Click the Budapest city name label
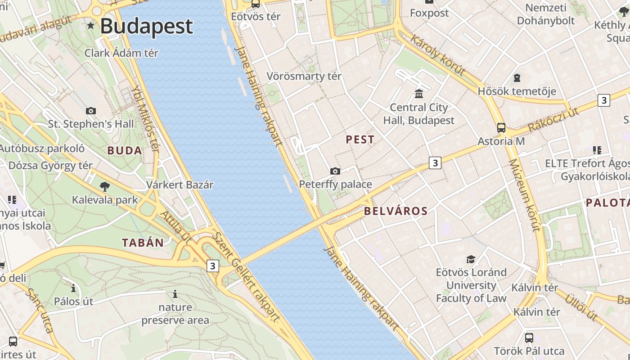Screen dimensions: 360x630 click(x=146, y=26)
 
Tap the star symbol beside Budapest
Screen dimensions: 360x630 click(x=91, y=26)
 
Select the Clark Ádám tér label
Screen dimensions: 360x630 click(x=121, y=53)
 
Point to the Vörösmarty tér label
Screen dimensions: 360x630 click(x=304, y=76)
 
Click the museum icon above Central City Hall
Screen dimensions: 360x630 click(x=419, y=94)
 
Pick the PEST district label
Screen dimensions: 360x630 click(x=360, y=139)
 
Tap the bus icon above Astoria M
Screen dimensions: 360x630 click(x=501, y=128)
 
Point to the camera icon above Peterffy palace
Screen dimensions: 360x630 click(x=335, y=171)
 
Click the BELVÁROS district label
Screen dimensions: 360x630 click(x=396, y=211)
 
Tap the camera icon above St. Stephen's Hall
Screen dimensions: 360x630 click(x=91, y=111)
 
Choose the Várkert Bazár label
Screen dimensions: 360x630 click(x=180, y=184)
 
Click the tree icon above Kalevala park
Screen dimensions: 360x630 click(x=105, y=186)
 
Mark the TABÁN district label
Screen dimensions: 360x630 click(x=143, y=243)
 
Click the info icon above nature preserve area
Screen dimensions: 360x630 click(x=175, y=294)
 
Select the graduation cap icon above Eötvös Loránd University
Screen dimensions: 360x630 click(x=471, y=259)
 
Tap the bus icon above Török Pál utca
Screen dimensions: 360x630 click(x=529, y=337)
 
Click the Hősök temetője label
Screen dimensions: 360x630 click(x=517, y=91)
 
